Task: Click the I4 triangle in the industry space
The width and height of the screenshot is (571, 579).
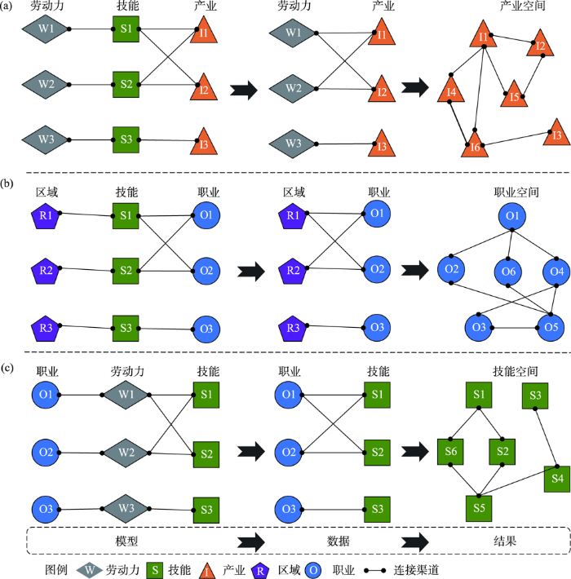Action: (x=451, y=91)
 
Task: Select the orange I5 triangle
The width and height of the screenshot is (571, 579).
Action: (x=514, y=95)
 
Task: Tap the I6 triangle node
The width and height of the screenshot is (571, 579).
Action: (x=475, y=146)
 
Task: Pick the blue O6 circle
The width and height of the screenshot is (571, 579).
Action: (x=508, y=272)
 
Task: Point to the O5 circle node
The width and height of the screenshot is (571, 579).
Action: (x=551, y=328)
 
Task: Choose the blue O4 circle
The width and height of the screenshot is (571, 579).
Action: (x=556, y=272)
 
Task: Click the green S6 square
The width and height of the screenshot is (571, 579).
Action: (x=450, y=452)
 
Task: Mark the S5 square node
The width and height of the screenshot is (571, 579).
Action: (x=479, y=509)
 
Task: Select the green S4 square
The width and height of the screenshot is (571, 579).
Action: (x=557, y=479)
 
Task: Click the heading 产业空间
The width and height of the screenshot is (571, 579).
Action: (x=522, y=6)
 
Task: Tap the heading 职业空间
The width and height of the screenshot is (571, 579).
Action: (x=516, y=192)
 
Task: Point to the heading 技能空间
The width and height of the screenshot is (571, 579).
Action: (x=516, y=372)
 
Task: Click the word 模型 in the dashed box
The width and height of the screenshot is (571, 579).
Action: (x=126, y=541)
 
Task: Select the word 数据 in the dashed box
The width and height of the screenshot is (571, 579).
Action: (x=338, y=541)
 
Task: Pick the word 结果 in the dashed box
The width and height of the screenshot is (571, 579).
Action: (x=505, y=541)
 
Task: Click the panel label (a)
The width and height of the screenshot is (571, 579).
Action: (x=7, y=7)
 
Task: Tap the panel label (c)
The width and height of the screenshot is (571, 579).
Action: (x=7, y=368)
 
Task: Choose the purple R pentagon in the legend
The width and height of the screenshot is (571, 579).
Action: (x=260, y=571)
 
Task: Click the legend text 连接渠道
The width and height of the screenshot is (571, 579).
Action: (x=416, y=570)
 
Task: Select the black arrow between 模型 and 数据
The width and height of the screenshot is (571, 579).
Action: (x=251, y=542)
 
